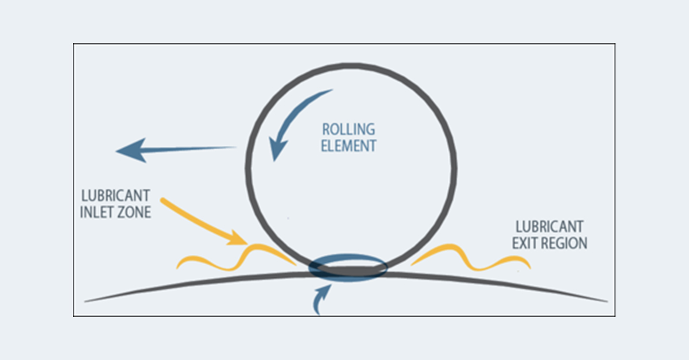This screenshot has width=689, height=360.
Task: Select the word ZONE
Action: [x=136, y=212]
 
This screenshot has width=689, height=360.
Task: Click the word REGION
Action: [x=566, y=243]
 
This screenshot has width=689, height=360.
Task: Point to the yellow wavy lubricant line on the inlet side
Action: [x=230, y=257]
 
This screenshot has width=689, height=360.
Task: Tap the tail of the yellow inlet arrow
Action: [x=164, y=201]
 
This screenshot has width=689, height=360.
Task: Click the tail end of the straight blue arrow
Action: [x=234, y=148]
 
